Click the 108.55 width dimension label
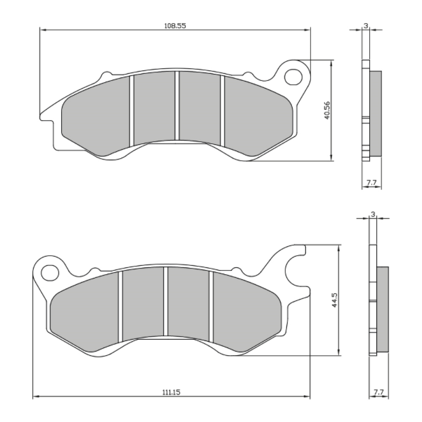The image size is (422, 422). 175,26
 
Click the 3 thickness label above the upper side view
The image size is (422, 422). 366,25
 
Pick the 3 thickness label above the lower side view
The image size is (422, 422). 373,214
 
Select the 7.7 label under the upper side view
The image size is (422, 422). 371,182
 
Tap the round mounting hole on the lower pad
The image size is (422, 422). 50,273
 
